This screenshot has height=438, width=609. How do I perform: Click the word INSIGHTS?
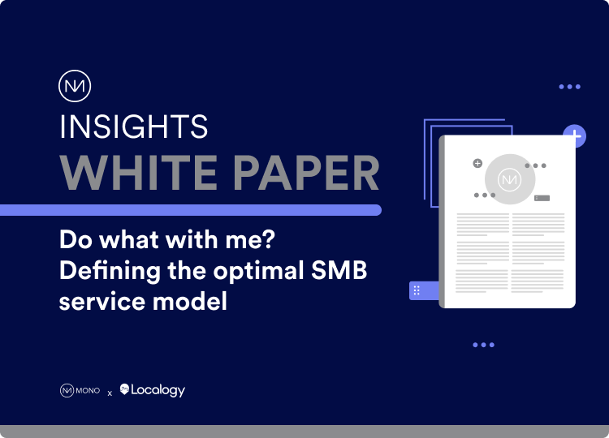click(x=134, y=127)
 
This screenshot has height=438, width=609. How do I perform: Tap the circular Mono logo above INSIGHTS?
click(x=75, y=87)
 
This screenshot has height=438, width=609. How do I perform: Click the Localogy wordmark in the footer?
click(x=159, y=391)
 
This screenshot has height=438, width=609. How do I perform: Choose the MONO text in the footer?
click(x=88, y=391)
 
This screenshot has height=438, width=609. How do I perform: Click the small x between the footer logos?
click(x=110, y=393)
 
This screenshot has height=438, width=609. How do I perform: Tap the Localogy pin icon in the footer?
click(x=125, y=390)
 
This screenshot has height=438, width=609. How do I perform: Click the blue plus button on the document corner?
click(x=575, y=136)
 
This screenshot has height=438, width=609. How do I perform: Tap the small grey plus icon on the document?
click(x=477, y=163)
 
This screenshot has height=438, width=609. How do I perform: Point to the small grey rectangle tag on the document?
click(x=542, y=198)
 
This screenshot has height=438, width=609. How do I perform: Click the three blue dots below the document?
click(x=483, y=345)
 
